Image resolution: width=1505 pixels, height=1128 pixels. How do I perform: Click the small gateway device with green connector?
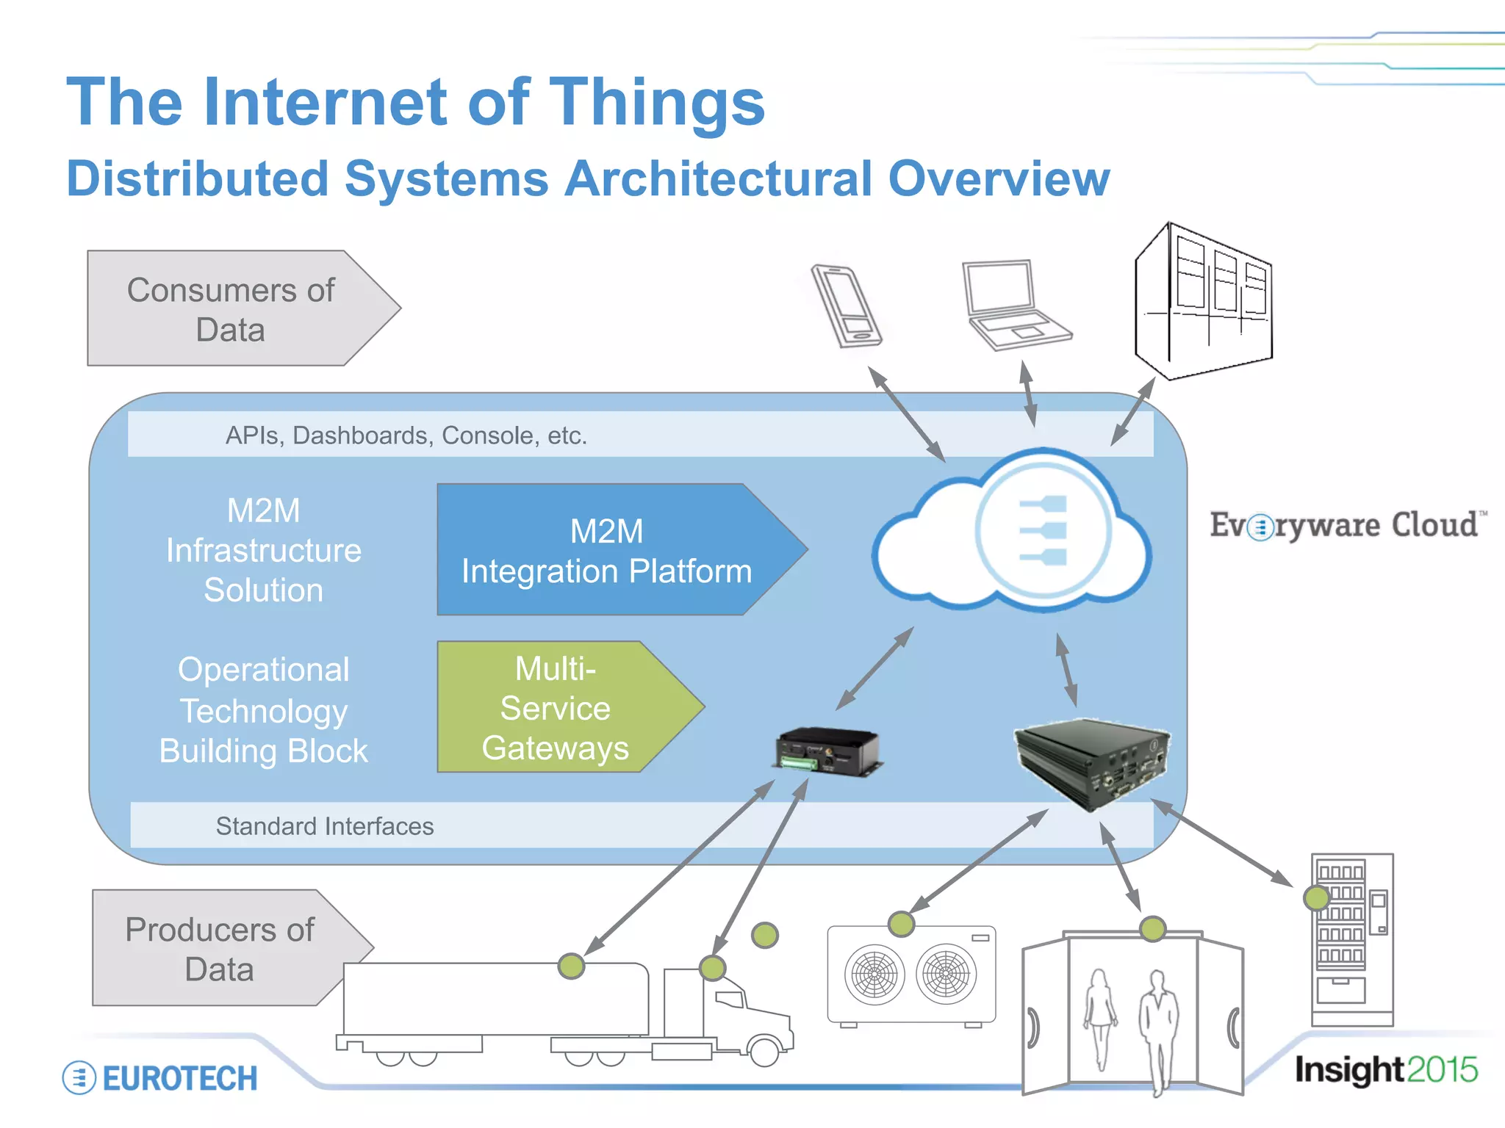828,752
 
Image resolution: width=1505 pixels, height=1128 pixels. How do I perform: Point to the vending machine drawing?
1352,940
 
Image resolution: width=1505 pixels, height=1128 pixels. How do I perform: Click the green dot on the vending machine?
1316,897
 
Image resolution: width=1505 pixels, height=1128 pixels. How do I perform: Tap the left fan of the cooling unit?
874,975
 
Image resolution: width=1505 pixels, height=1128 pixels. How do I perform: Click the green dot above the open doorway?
1152,929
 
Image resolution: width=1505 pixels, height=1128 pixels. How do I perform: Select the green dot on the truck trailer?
571,966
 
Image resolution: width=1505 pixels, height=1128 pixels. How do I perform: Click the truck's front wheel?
764,1050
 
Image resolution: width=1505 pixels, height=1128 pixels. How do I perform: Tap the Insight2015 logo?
1385,1070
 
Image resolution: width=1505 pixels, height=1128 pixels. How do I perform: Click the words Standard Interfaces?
325,826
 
